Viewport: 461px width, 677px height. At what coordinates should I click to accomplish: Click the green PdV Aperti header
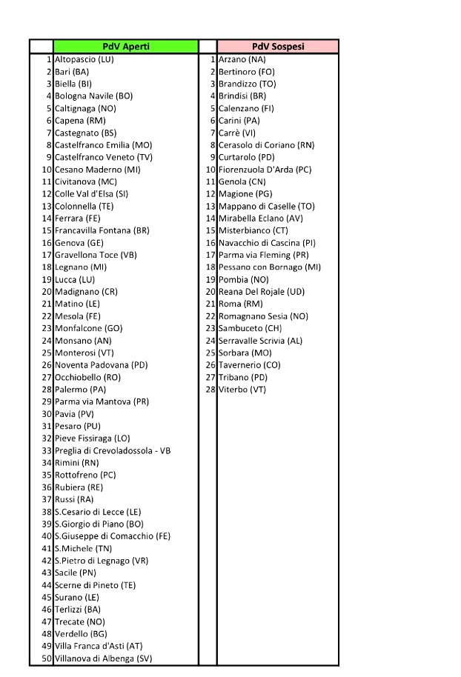click(125, 46)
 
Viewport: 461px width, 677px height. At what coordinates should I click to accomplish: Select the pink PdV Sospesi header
click(278, 46)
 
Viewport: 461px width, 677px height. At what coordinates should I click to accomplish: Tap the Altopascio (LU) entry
click(84, 59)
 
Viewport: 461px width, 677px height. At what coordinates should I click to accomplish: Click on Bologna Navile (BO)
click(94, 96)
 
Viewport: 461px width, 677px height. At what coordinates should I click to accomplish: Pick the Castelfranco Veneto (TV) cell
click(104, 157)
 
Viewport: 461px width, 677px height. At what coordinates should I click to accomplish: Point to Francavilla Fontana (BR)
click(102, 230)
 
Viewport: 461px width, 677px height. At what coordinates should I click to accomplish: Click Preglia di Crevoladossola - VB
click(113, 450)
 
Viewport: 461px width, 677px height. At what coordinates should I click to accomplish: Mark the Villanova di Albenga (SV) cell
click(104, 658)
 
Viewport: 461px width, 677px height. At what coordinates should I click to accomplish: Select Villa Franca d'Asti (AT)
click(99, 646)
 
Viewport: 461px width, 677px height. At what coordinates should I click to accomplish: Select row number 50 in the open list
click(46, 658)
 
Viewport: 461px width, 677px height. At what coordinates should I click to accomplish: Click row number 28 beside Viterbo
click(210, 389)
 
